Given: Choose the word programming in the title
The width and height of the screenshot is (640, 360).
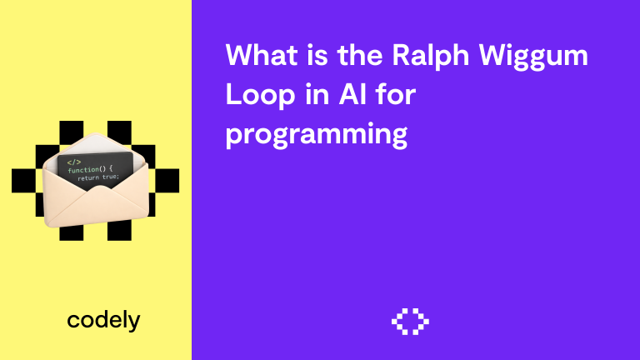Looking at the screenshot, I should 317,134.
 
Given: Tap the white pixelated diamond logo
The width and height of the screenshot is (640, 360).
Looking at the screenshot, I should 410,321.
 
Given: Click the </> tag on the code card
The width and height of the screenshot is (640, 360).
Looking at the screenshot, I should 73,161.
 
